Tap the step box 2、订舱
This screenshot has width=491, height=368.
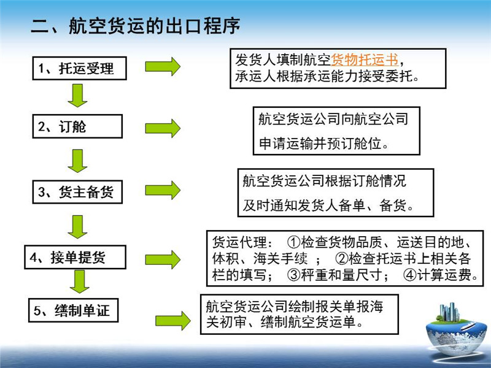77,127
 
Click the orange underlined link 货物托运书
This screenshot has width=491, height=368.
365,60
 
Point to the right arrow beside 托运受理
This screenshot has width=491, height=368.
163,66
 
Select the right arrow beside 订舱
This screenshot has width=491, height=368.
163,128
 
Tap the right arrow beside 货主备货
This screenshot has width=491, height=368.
163,190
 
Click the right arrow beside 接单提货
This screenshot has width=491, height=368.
163,259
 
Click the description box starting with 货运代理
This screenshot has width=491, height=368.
344,258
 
